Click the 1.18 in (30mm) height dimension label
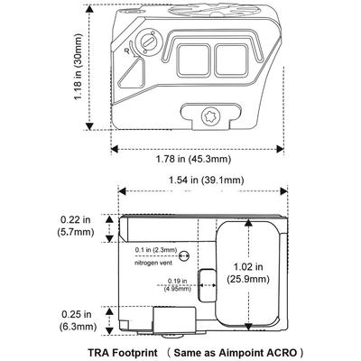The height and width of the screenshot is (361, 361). pos(79,67)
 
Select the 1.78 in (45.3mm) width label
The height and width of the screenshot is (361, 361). pos(193,159)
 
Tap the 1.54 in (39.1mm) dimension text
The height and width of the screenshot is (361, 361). pos(206,180)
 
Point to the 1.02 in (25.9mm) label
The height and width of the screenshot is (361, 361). pos(248,273)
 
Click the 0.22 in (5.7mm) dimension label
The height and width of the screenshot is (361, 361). pos(76,226)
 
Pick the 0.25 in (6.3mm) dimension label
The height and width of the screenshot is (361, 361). pos(78,320)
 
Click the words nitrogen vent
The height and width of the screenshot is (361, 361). pos(153,263)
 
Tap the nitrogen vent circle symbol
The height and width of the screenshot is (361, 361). pos(184,256)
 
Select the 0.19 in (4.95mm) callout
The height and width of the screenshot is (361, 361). pos(178,285)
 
